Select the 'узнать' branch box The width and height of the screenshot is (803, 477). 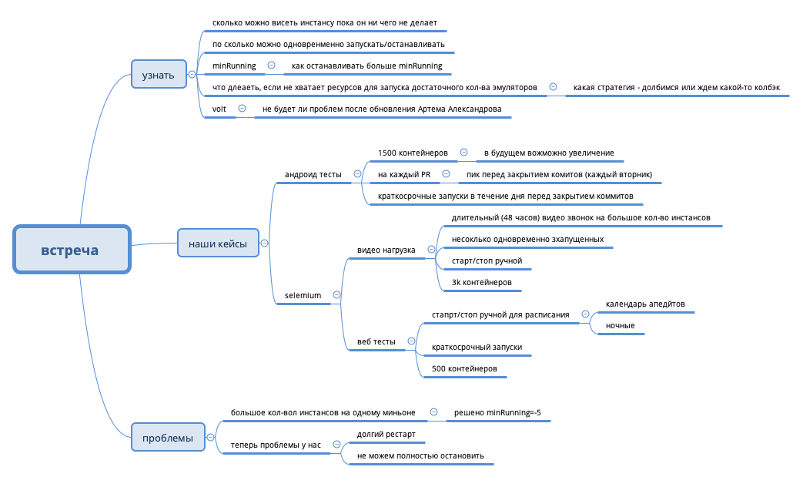[159, 75]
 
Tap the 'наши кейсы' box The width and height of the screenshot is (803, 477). [218, 244]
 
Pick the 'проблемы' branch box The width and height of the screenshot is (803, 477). [168, 438]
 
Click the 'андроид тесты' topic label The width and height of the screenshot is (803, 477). [313, 175]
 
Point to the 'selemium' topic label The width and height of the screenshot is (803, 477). [303, 295]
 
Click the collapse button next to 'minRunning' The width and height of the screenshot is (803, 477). [271, 66]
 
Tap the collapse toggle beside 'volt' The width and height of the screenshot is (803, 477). [242, 109]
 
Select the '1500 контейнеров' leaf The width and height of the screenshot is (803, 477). [413, 153]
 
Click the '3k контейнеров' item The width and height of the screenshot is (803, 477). [481, 283]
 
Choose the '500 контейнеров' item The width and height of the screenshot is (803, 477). [464, 369]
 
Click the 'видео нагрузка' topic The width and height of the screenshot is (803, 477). [386, 250]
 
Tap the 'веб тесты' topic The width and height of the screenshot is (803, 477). [376, 341]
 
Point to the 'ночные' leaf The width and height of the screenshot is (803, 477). [620, 325]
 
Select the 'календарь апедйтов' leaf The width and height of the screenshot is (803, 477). [645, 304]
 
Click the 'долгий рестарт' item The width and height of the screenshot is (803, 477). [386, 434]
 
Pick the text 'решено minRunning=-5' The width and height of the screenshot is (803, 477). [497, 412]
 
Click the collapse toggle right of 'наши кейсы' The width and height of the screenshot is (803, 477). [265, 243]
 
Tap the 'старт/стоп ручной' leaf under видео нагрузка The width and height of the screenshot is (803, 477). [487, 260]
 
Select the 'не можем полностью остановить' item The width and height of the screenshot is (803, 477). [420, 455]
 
